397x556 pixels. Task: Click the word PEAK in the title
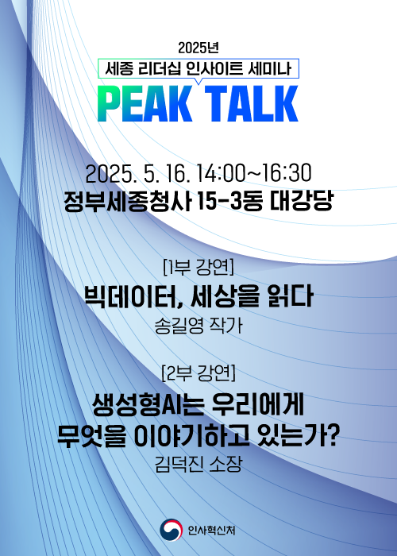tap(145, 104)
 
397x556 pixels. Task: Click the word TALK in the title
tap(252, 104)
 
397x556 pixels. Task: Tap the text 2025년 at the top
tap(198, 48)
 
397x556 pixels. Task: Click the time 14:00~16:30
tap(253, 173)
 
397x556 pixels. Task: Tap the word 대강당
tap(301, 201)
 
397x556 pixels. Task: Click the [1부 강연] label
tap(198, 267)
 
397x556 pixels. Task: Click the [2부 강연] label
tap(198, 373)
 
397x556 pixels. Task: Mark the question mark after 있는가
tap(333, 436)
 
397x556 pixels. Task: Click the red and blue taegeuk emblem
tap(171, 530)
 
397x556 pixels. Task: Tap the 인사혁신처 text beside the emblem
tap(211, 531)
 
